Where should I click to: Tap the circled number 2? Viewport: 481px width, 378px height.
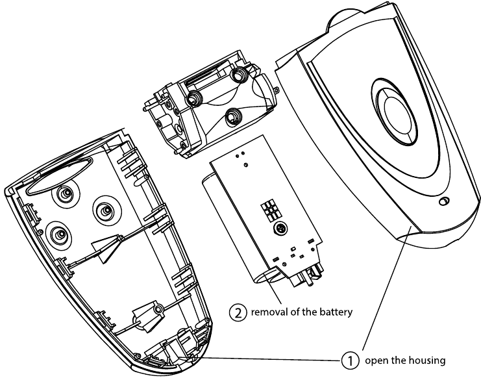238,312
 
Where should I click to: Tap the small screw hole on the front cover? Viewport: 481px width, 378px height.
443,203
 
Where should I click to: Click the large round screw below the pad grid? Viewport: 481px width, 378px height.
280,229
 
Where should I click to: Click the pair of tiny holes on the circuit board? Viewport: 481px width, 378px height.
242,156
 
